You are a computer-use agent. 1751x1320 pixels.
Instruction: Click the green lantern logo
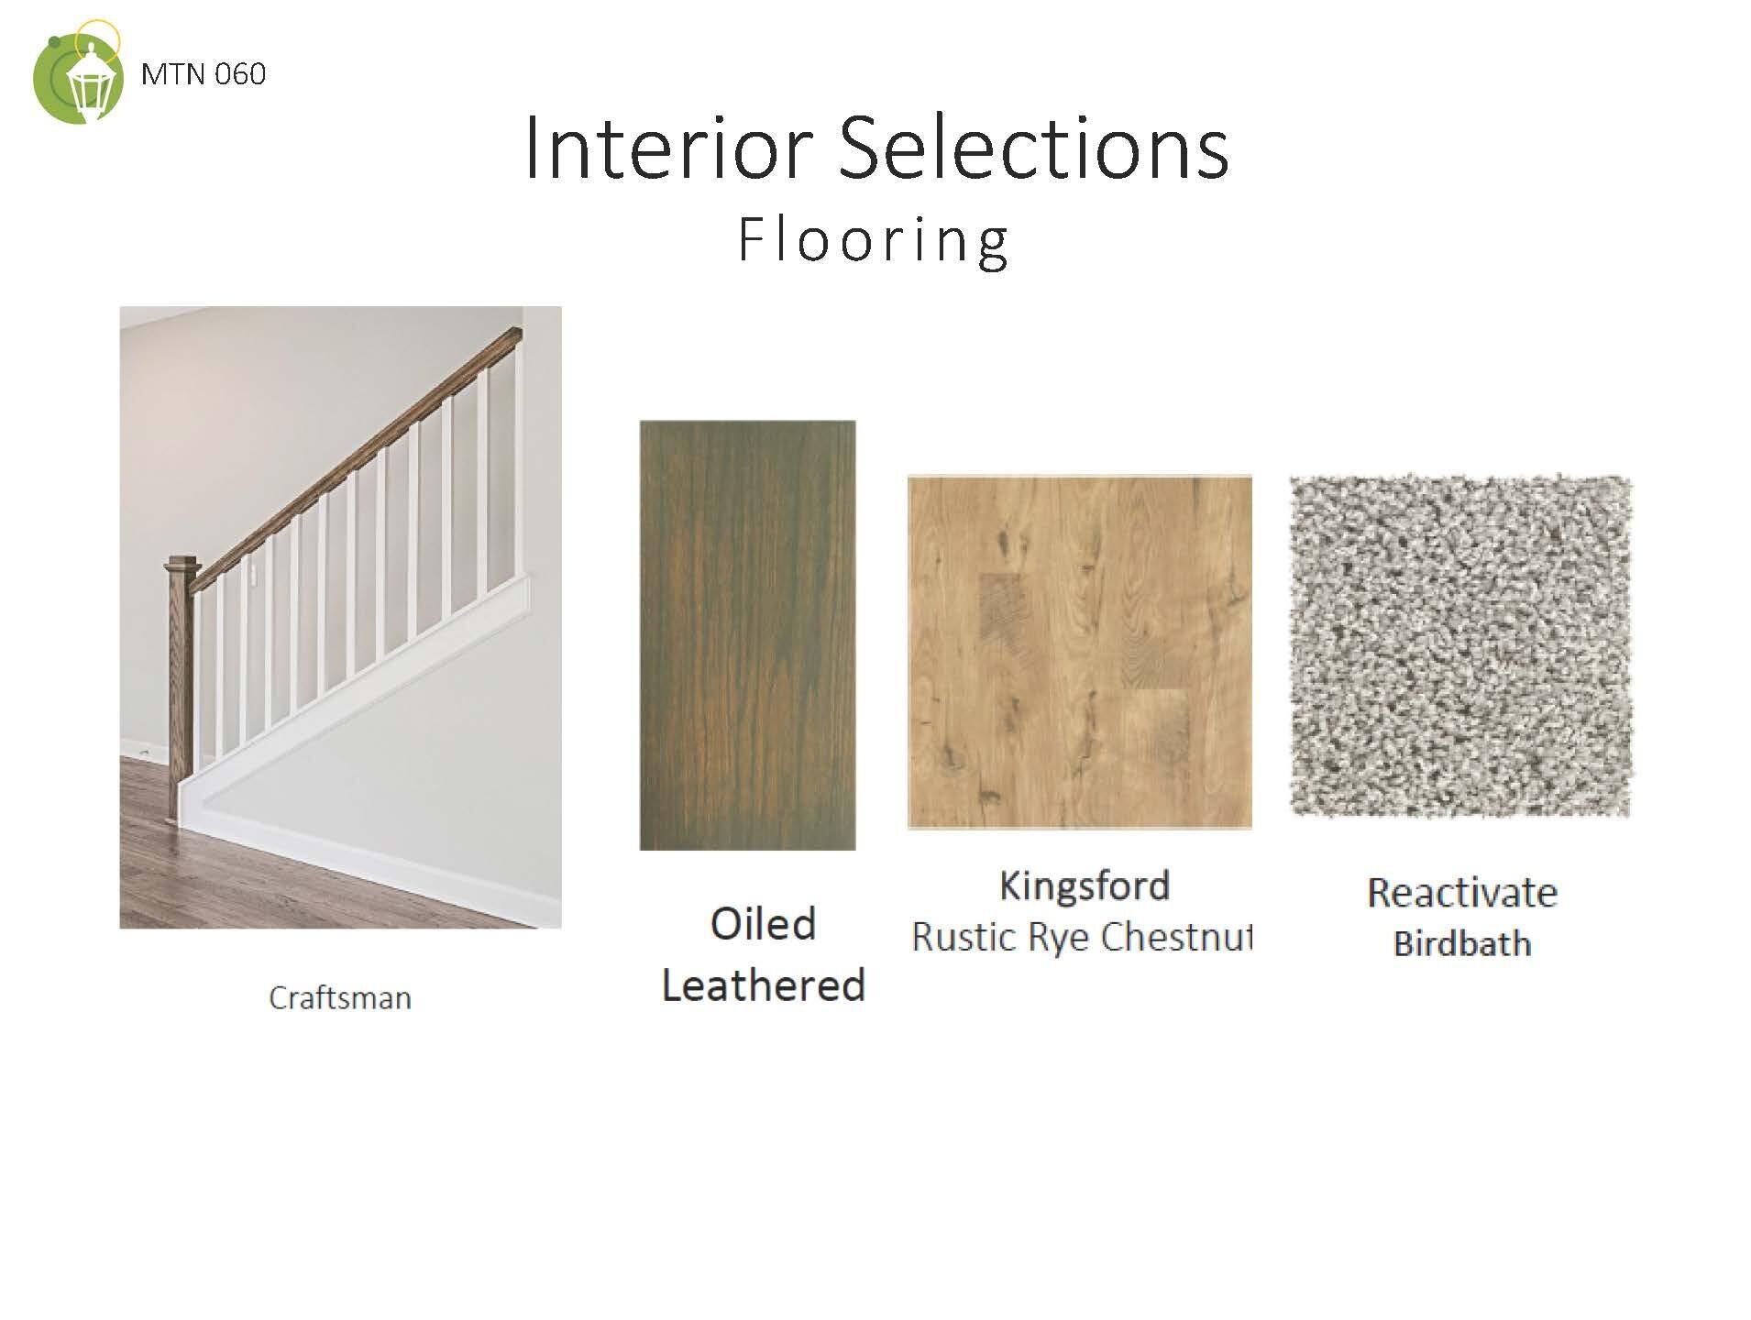click(78, 76)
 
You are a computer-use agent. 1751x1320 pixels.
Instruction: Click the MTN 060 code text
click(204, 74)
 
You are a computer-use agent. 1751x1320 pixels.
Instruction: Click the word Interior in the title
click(668, 149)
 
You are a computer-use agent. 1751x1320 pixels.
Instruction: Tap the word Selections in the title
click(1033, 149)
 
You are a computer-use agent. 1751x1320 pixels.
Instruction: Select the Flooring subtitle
click(873, 240)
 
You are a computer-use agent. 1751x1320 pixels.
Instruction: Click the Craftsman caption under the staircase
click(340, 998)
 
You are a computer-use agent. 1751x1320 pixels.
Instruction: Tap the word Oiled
click(763, 924)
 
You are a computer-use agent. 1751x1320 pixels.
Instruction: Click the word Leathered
click(763, 986)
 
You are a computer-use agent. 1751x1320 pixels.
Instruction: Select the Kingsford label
click(1084, 886)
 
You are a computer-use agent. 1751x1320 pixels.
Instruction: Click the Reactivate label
click(1461, 893)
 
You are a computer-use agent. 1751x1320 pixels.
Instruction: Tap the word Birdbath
click(1461, 944)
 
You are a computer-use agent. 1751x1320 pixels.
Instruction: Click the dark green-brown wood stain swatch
click(747, 634)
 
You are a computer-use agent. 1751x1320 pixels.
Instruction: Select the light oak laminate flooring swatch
click(1079, 652)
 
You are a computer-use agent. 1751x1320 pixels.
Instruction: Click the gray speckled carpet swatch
click(1460, 645)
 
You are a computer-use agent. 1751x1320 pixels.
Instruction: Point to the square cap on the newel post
click(181, 564)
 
